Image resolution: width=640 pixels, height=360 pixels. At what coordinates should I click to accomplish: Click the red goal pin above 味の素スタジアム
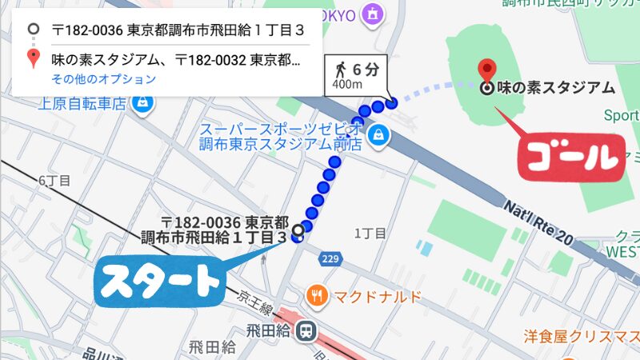(x=486, y=68)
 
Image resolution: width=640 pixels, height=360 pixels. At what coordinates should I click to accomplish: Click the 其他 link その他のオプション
(x=104, y=79)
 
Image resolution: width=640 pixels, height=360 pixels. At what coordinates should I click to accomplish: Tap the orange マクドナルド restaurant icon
(x=318, y=296)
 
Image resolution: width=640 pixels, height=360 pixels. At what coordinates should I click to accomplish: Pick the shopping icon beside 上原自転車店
(x=142, y=104)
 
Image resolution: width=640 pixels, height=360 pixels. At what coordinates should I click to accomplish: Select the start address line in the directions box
(x=168, y=30)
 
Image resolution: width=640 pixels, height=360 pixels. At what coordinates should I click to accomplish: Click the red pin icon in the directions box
(x=33, y=58)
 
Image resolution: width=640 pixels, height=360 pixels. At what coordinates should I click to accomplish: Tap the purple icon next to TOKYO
(x=372, y=13)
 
